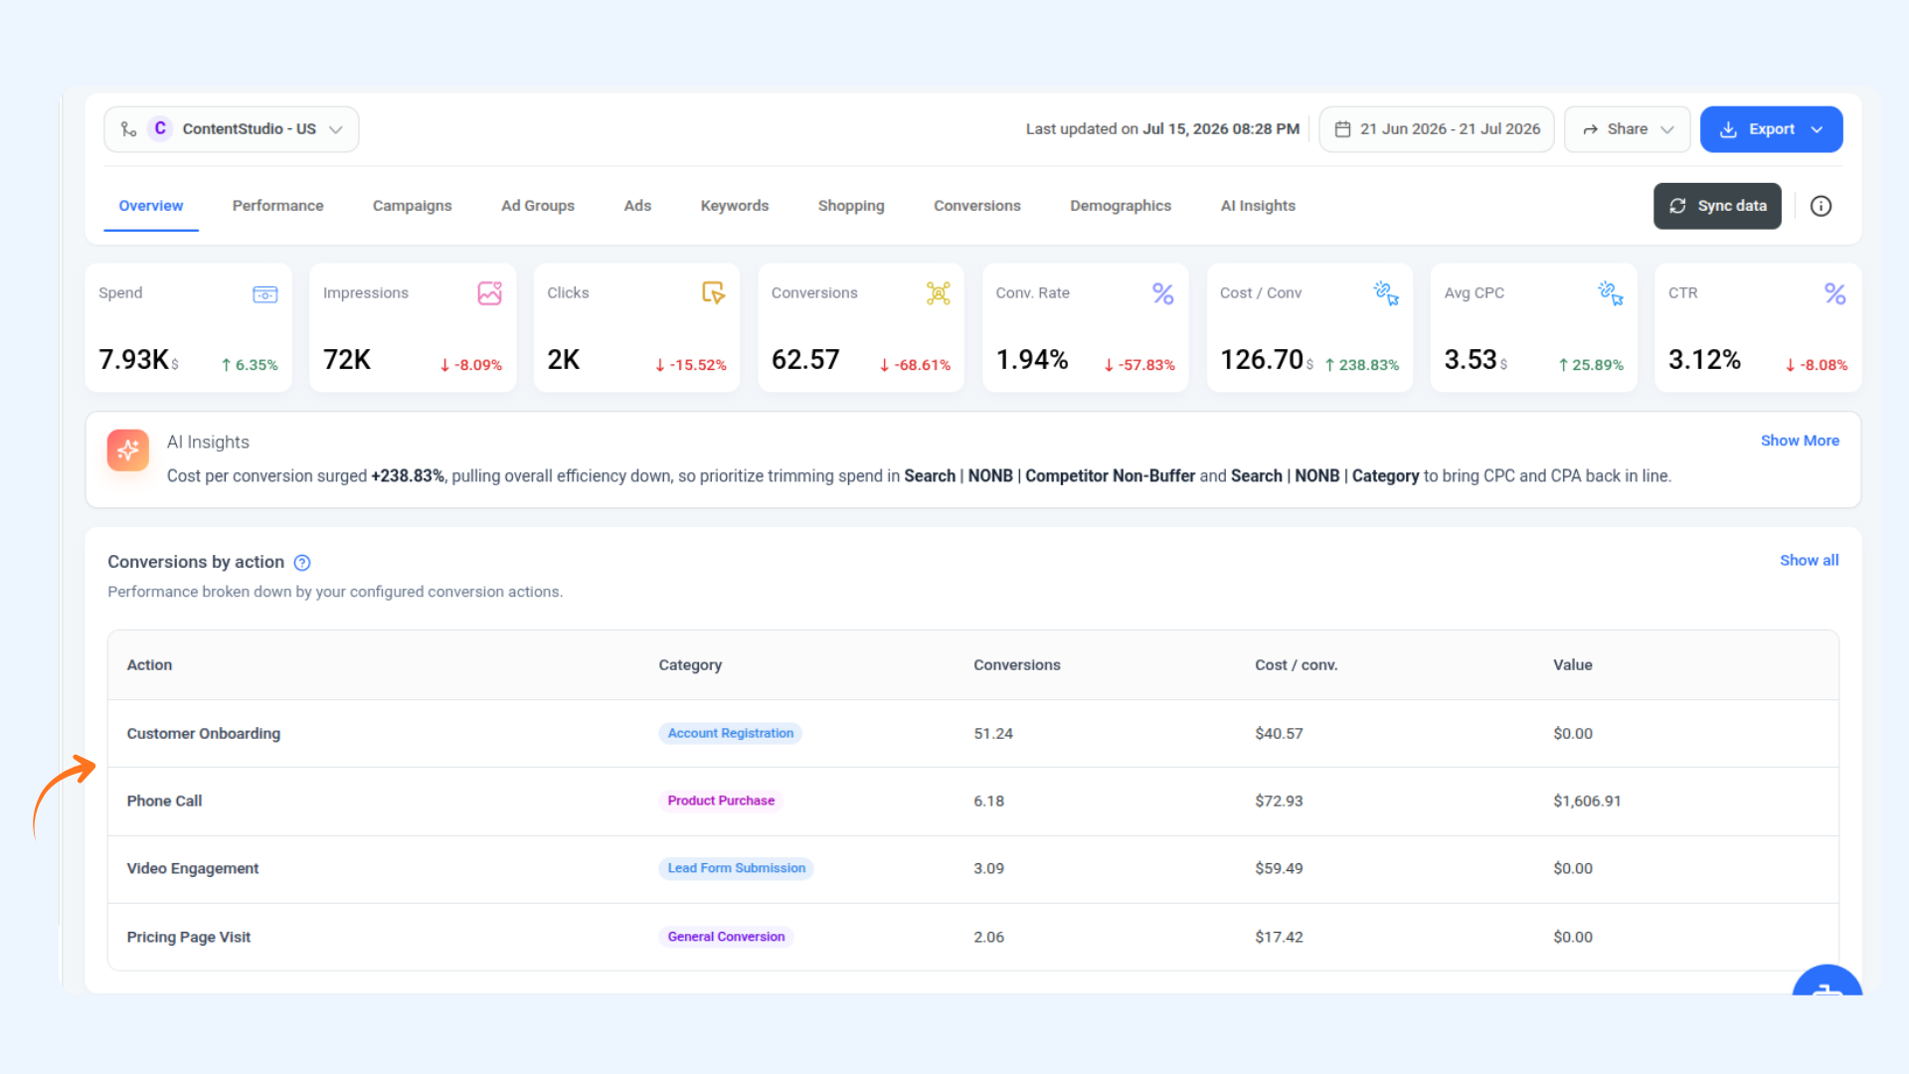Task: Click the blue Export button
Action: (1771, 129)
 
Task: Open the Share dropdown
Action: (1628, 129)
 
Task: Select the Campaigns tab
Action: (412, 206)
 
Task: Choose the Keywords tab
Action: (735, 206)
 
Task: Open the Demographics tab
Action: (1121, 206)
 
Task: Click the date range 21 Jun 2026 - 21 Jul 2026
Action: (1437, 129)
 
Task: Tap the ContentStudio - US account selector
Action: (232, 129)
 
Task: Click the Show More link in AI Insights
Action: (1800, 441)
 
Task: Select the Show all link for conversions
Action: (1810, 561)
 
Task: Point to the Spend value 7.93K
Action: (133, 359)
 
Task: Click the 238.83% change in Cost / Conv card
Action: (1362, 365)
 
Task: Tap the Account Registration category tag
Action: (731, 733)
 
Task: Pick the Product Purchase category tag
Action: (721, 801)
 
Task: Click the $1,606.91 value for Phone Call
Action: (1587, 801)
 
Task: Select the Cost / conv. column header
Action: (1297, 665)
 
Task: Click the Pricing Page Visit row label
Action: (189, 937)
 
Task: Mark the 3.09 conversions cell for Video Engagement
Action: (988, 868)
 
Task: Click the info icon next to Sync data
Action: (1821, 206)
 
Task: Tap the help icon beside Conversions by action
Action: (302, 563)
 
